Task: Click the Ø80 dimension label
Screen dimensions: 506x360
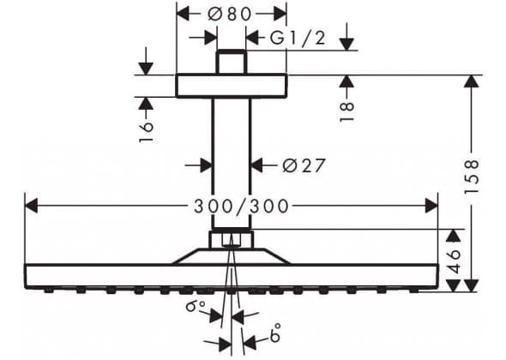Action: [230, 14]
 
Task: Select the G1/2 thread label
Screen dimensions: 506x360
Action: [298, 38]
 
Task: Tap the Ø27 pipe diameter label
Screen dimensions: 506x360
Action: [303, 165]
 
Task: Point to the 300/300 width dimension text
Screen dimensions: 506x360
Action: [241, 206]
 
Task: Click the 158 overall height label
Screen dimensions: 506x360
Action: [472, 176]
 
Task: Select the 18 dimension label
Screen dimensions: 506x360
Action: [346, 111]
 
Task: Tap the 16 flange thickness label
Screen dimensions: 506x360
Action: [146, 132]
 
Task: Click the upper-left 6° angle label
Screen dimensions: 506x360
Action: [196, 306]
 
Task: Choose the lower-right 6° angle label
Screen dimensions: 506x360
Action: [275, 333]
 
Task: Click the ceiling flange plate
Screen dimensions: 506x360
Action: [232, 86]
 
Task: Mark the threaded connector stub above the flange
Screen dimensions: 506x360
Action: [232, 62]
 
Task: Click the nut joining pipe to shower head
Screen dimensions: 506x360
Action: [231, 238]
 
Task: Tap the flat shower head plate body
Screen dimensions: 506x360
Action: [232, 276]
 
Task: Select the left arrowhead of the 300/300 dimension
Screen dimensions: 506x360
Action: [31, 206]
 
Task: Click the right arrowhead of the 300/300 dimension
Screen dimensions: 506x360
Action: [431, 206]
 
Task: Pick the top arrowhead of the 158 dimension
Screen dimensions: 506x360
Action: [472, 81]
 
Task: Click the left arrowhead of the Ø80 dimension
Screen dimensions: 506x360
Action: [183, 14]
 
